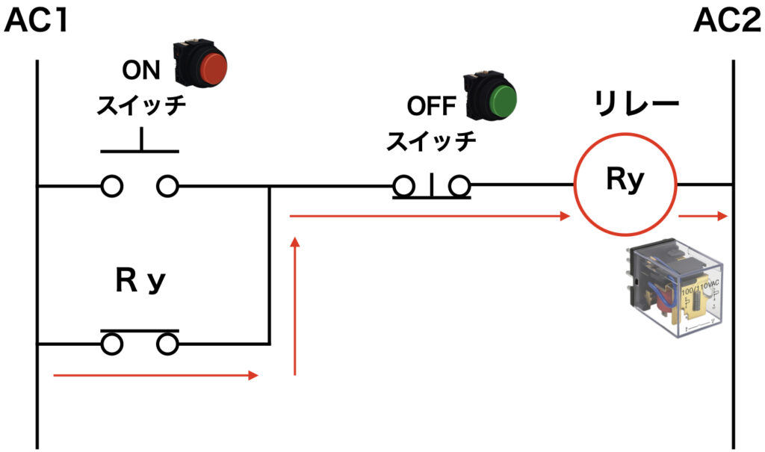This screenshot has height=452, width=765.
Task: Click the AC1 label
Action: pos(36,22)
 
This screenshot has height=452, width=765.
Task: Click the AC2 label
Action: pos(727,22)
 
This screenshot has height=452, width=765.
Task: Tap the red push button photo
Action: pos(200,66)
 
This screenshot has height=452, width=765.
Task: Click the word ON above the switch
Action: pos(141,70)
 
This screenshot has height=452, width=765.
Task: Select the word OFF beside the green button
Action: pos(432,106)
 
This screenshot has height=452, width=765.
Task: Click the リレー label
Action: pos(637,104)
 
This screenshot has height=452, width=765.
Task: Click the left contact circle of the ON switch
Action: pos(112,186)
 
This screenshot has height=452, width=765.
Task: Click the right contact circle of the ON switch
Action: pos(167,186)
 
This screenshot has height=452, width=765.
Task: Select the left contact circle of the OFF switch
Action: pos(404,186)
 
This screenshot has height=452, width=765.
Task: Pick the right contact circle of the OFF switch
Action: pos(459,186)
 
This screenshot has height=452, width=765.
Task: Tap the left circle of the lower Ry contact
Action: pos(112,344)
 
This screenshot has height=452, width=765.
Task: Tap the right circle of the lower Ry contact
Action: pos(167,344)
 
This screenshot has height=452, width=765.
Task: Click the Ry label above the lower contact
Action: pos(140,281)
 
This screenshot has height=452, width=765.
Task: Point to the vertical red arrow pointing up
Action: pos(294,306)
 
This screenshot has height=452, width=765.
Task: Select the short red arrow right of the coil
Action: pos(703,216)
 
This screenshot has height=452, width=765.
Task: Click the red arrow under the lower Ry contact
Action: pos(155,375)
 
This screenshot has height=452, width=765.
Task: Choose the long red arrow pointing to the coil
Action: pos(430,216)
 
